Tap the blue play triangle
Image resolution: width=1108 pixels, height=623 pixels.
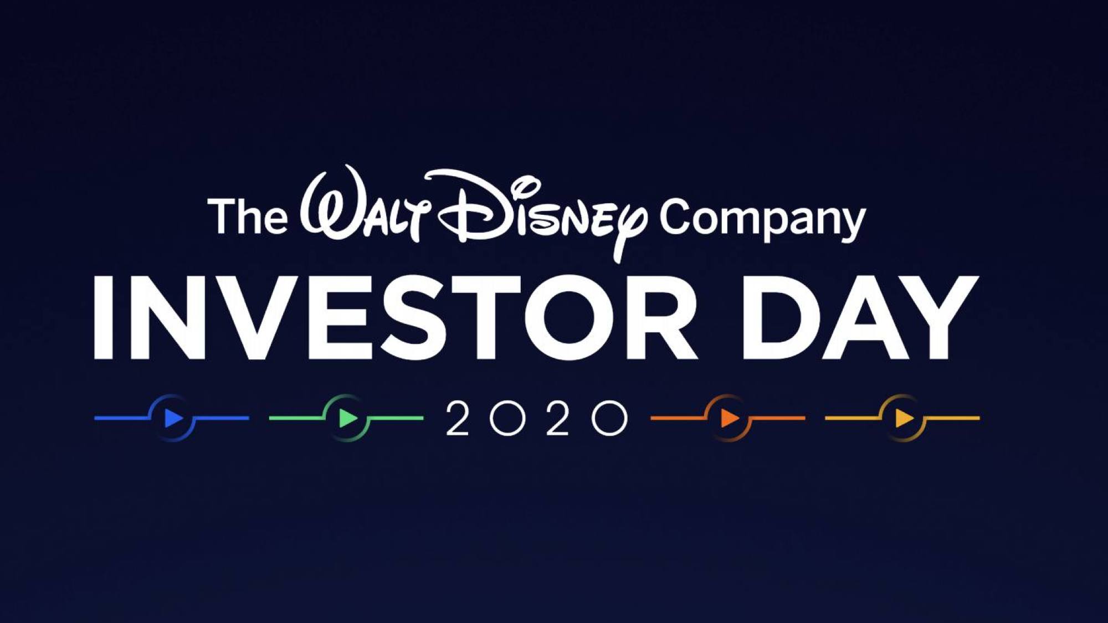click(174, 418)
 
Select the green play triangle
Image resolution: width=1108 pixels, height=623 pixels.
click(348, 418)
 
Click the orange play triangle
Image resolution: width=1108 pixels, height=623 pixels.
click(730, 418)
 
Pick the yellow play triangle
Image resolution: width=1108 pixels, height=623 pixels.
click(905, 418)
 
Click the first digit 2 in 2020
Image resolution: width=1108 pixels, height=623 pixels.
click(458, 418)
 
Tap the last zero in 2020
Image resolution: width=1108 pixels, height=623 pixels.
click(609, 418)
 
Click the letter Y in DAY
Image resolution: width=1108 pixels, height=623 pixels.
click(936, 318)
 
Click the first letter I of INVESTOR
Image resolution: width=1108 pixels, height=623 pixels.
click(103, 318)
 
